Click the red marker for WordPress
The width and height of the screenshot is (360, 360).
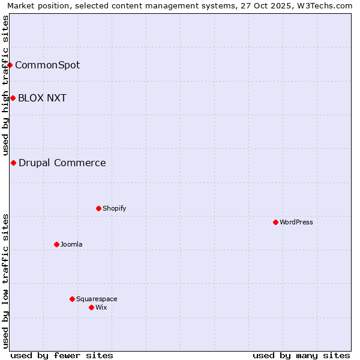coord(275,222)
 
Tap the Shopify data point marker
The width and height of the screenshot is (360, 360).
coord(98,208)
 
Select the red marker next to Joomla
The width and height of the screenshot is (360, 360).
coord(56,244)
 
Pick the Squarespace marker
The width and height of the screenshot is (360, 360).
coord(72,299)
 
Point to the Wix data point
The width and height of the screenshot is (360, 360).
coord(91,307)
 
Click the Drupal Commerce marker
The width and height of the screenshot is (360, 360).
coord(13,163)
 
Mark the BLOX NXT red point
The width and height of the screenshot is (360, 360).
coord(13,98)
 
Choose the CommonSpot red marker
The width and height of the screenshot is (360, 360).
coord(10,65)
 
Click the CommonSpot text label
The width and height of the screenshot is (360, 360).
coord(47,65)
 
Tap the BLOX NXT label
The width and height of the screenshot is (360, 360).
coord(42,98)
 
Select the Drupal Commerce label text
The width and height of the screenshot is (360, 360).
coord(62,163)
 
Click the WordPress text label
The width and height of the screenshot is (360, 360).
coord(296,222)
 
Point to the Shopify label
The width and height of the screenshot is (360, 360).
coord(114,208)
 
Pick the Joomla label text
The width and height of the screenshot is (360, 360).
coord(71,244)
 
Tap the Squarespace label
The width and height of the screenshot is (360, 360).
coord(97,299)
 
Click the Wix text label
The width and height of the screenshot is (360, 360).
coord(101,307)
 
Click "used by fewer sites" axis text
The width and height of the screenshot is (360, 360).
coord(62,355)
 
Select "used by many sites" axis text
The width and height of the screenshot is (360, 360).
coord(301,355)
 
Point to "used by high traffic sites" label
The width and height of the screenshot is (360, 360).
coord(5,85)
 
